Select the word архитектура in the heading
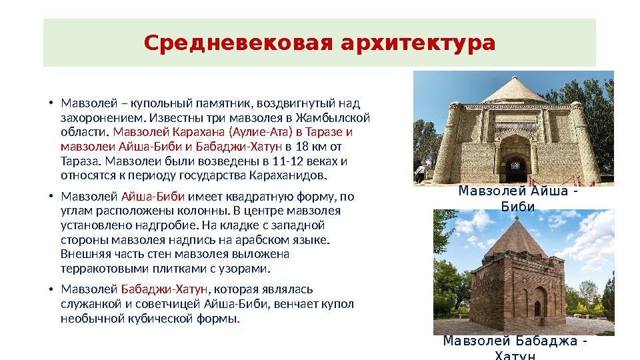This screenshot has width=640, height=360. point(418,44)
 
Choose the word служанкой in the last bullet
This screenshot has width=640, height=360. point(85,304)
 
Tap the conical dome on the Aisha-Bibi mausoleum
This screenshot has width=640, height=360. point(513,89)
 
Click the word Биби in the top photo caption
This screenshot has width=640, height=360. point(518,206)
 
